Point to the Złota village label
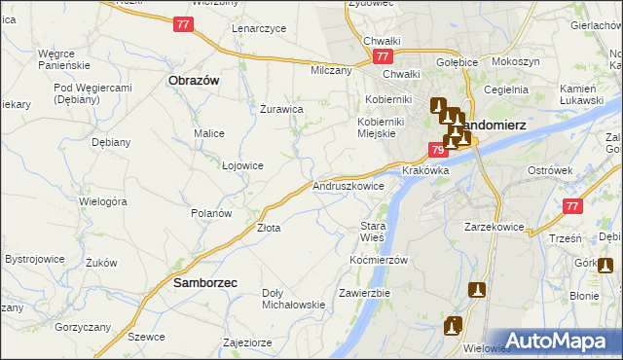pos(269,228)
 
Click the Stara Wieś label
pos(374,232)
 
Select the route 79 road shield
pos(437,149)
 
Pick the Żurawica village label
pos(281,109)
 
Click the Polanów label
pos(210,212)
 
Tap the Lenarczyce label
pos(259,28)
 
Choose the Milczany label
pos(331,71)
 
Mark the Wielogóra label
pos(103,201)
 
